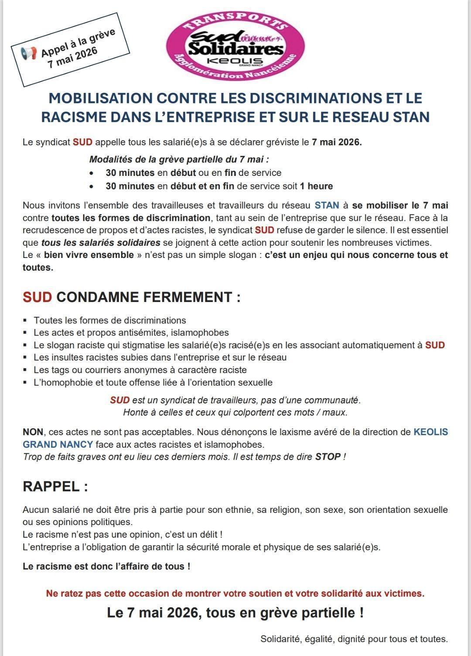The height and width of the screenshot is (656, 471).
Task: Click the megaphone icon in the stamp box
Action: [x=29, y=54]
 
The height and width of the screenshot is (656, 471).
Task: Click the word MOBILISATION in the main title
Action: [x=100, y=98]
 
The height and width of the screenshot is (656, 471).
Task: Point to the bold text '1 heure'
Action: [x=316, y=186]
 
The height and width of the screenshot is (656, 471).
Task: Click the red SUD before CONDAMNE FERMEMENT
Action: [x=37, y=297]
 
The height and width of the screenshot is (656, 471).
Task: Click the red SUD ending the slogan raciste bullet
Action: [x=435, y=345]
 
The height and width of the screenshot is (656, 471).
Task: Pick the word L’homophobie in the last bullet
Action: [x=60, y=383]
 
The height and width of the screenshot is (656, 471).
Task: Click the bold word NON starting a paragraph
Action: [x=33, y=432]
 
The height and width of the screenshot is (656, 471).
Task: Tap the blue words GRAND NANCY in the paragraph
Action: [x=58, y=445]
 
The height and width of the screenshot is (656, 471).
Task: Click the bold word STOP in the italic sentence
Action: [x=328, y=457]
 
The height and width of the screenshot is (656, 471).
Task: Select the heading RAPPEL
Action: [x=55, y=486]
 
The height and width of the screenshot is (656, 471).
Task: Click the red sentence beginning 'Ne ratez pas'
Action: [x=235, y=594]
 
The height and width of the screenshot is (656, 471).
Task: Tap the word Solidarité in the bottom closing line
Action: [x=280, y=639]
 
